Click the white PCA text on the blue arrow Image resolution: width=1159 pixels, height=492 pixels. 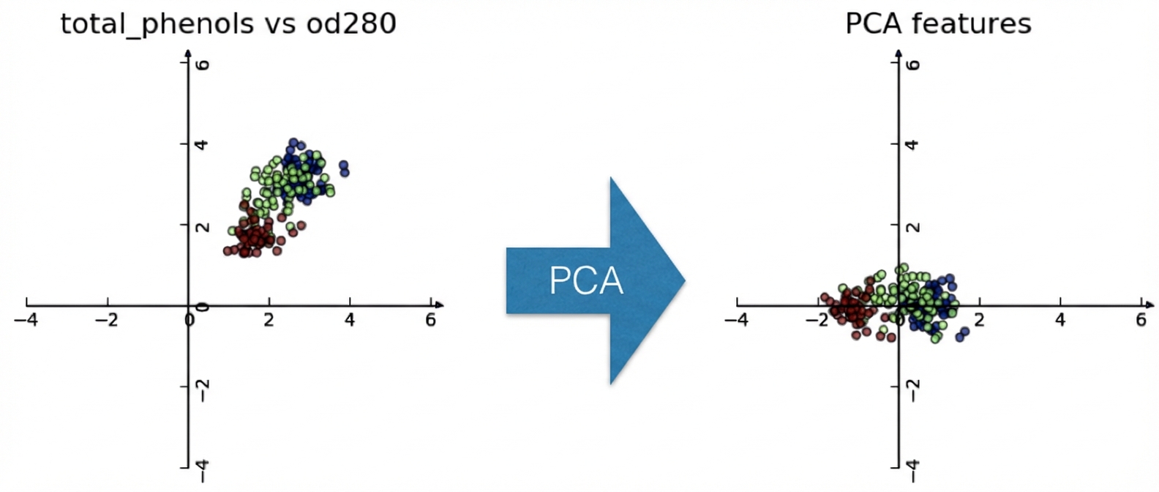[x=586, y=280]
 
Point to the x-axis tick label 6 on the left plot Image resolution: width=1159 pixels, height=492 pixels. [x=430, y=320]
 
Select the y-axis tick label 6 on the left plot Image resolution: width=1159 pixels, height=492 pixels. [x=204, y=64]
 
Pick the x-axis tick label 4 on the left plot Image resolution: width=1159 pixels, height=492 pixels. [x=350, y=320]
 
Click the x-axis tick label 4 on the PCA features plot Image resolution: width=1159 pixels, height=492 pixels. [x=1060, y=320]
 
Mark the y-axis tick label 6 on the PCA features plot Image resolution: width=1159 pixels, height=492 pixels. [x=913, y=64]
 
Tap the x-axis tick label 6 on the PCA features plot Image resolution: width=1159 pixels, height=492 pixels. [x=1141, y=320]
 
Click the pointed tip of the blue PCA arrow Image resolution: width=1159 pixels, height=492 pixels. [x=684, y=280]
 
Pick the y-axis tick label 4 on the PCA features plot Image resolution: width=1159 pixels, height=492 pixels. [x=913, y=145]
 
